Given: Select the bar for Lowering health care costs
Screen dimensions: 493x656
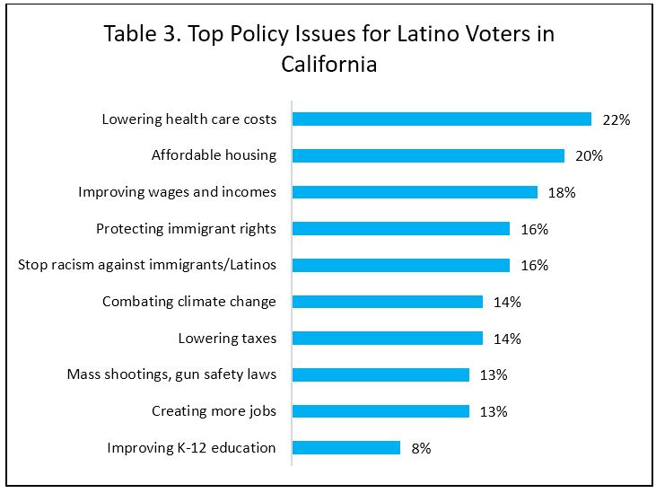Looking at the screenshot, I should coord(442,119).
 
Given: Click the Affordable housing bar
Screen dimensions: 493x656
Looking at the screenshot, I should coord(428,155).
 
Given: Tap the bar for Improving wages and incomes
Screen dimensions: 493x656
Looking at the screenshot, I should coord(415,192).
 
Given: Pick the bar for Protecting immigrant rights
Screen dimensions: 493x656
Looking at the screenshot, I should coord(401,228).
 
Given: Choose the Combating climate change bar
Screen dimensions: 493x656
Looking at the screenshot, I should coord(388,302).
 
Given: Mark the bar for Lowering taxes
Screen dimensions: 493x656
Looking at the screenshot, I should coord(388,339).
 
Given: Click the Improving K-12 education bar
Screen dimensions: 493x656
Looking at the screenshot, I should coord(346,447).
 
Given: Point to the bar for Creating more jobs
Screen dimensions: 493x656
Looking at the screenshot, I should coord(380,411).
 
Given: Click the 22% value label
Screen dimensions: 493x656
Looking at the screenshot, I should coord(617,119).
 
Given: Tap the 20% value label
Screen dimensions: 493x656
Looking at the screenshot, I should coord(589,155).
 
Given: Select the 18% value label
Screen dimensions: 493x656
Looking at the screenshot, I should coord(562,192).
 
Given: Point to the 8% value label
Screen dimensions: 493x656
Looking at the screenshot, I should coord(421,447).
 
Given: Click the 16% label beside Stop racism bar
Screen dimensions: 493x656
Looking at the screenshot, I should coord(534,265).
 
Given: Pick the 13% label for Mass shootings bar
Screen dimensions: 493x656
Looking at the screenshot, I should coord(494,374).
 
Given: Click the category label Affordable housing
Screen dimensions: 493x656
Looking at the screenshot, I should coord(214,155).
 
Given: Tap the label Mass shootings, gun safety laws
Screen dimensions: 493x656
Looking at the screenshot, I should coord(171,374).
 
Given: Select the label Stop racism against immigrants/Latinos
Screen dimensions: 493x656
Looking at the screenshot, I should coord(147,265).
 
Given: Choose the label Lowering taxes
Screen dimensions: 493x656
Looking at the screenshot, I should coord(227,339).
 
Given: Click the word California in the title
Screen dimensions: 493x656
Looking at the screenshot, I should coord(328,65).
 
